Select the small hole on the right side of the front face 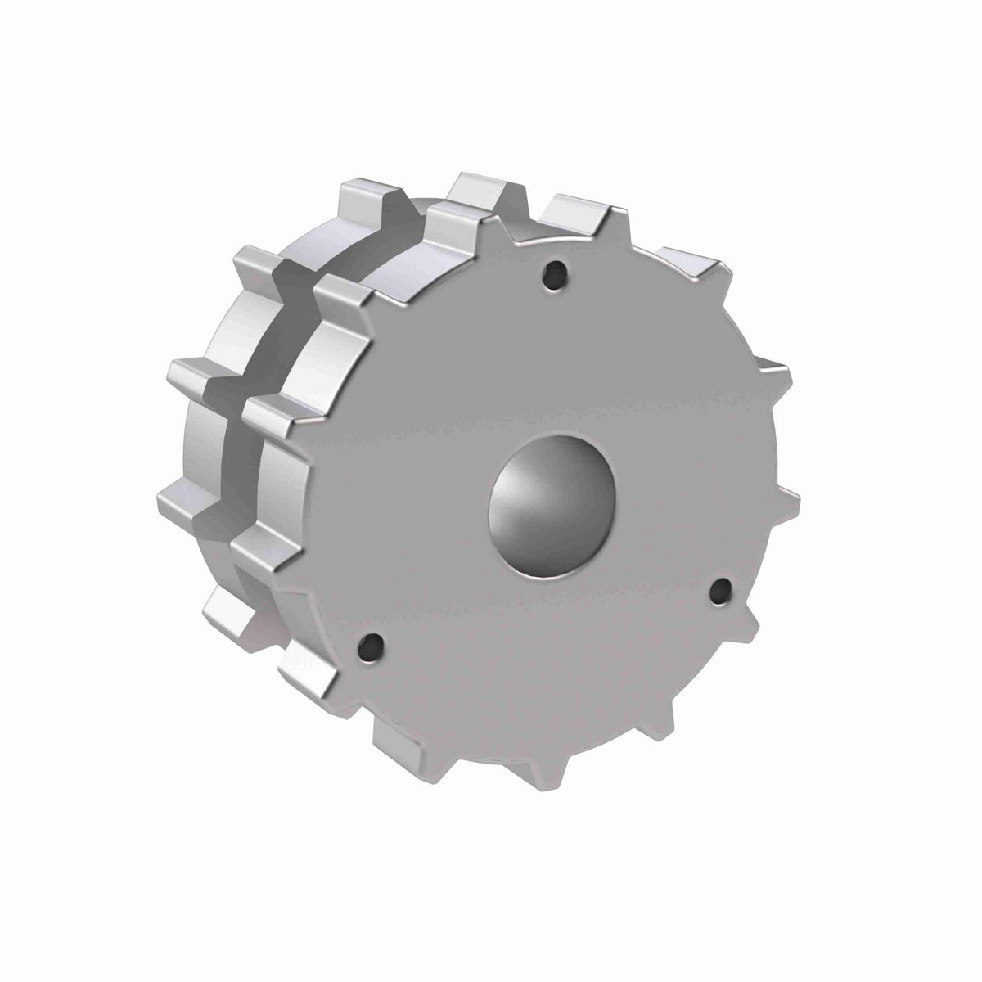(721, 590)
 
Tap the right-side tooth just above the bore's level (769, 372)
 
